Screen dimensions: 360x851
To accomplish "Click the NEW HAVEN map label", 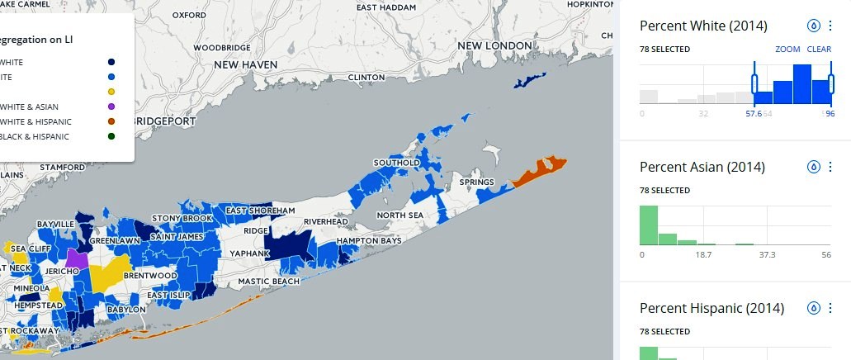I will pos(248,64).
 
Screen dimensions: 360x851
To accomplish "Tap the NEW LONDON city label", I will pos(495,45).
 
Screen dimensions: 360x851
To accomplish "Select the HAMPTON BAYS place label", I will pos(369,241).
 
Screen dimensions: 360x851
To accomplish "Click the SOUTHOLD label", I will pos(399,163).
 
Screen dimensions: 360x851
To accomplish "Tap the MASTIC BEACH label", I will pos(268,282).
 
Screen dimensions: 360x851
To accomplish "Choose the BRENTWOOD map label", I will pos(150,275).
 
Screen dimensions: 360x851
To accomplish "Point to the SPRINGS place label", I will pos(476,182).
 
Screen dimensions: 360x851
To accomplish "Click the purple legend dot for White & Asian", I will pos(111,107).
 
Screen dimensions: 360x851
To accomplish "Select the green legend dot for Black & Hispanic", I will pos(111,136).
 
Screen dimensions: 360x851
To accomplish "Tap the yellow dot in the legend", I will pos(111,92).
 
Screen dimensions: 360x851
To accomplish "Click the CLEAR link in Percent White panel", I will pos(819,50).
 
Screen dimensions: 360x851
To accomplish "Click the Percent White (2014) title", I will pos(704,26).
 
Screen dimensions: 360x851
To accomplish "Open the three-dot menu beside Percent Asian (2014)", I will pos(830,167).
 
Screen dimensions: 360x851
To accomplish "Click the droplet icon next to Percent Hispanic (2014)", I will pos(813,308).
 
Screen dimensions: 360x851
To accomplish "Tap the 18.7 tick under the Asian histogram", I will pos(704,255).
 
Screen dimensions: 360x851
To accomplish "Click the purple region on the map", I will pos(77,258).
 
